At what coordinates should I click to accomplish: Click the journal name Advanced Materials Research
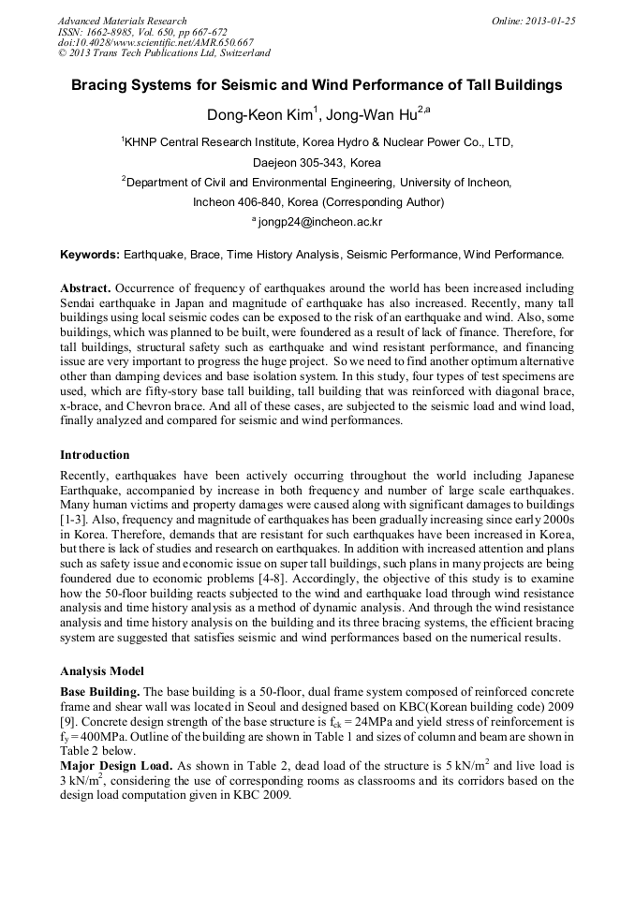pyautogui.click(x=122, y=21)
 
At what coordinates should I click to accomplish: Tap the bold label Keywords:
pyautogui.click(x=90, y=255)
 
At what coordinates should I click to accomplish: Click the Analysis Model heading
pyautogui.click(x=102, y=671)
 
